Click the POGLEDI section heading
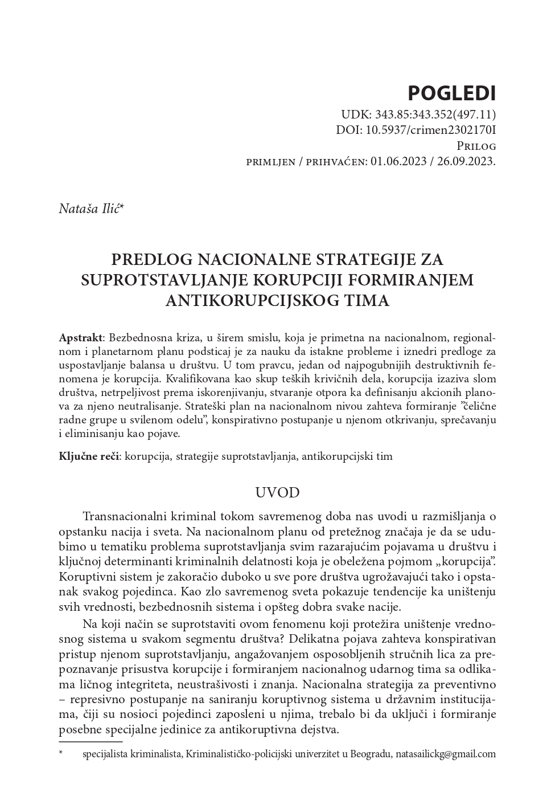pos(452,92)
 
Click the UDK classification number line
pos(418,114)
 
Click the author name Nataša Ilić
pos(89,209)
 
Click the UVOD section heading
pos(277,492)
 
